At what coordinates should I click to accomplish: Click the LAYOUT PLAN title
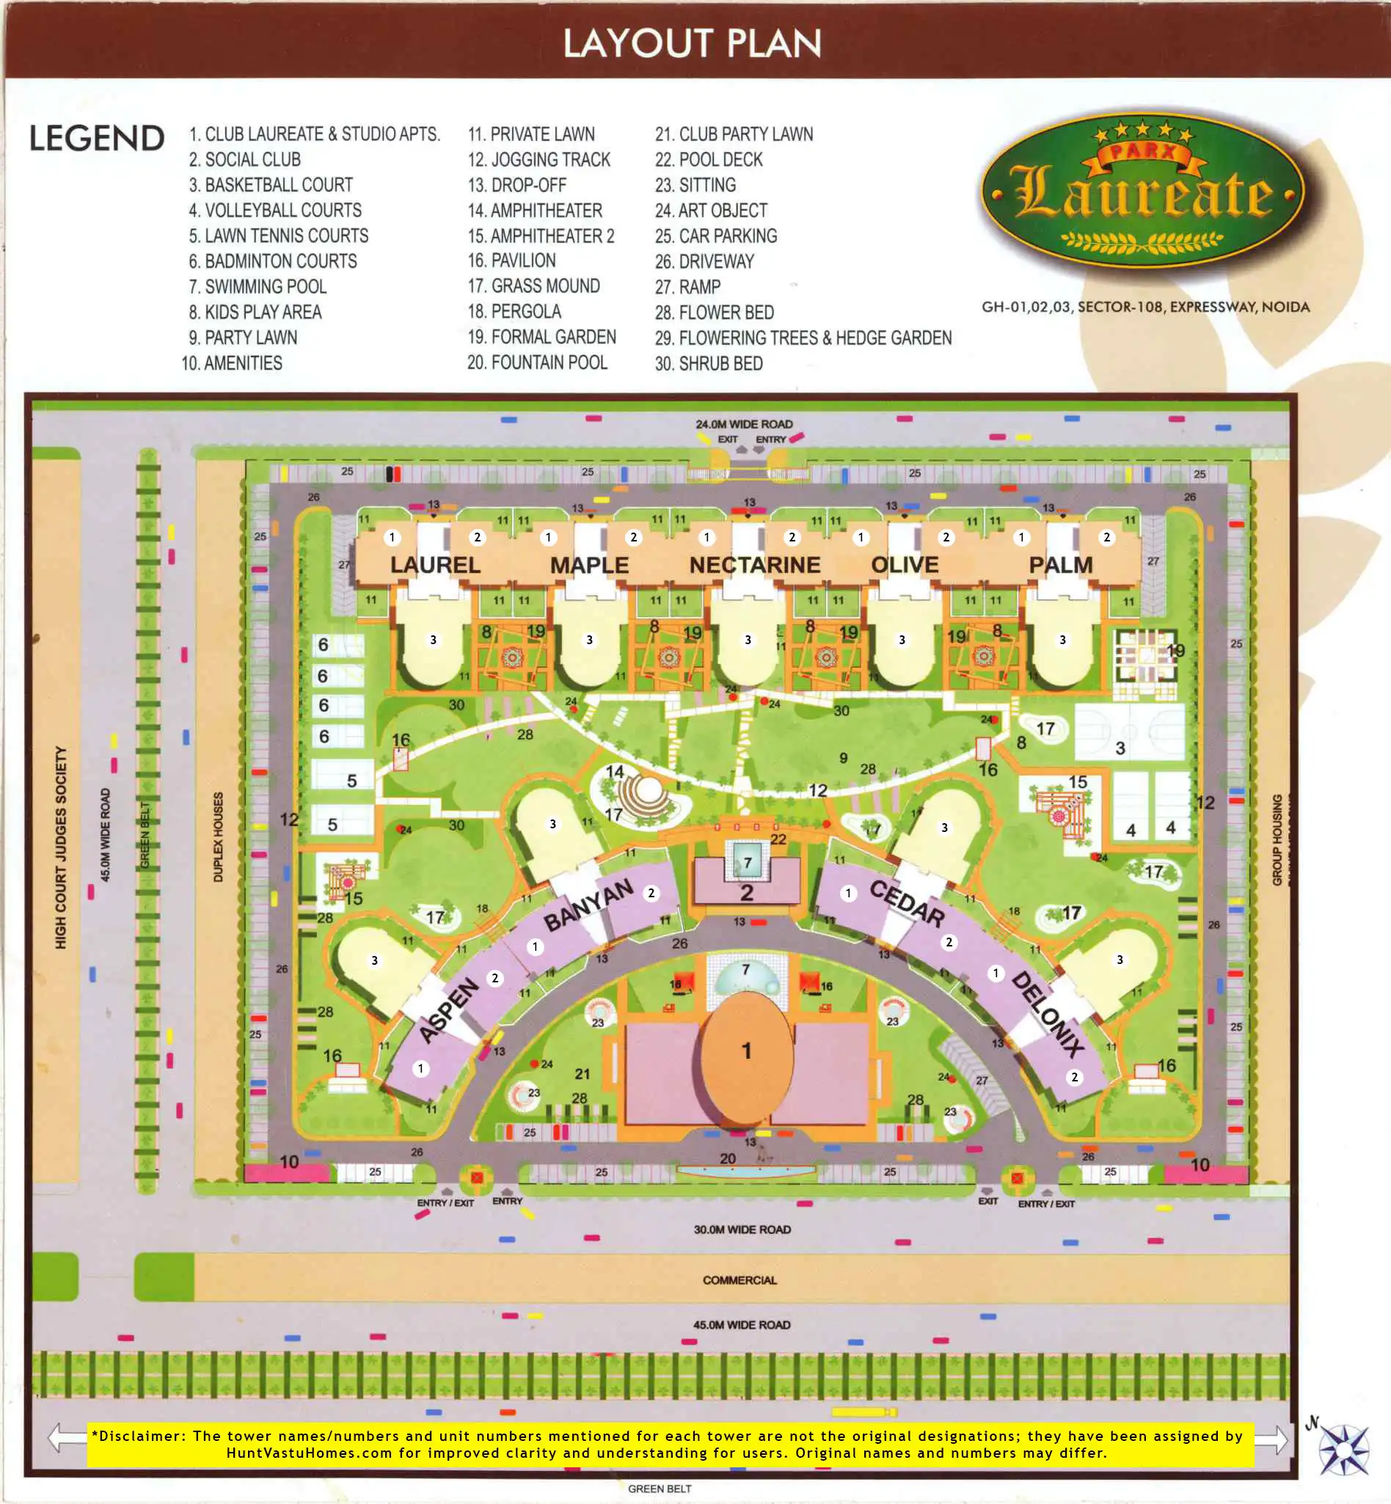point(692,44)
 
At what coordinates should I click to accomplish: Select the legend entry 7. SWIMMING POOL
point(258,287)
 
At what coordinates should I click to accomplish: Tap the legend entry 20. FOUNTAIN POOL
point(537,363)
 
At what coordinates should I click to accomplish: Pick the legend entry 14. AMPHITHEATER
point(534,211)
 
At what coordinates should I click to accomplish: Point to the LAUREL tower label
point(435,566)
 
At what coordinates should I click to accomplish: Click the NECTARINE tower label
point(754,566)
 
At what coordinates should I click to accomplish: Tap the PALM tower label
point(1061,566)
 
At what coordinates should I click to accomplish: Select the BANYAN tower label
point(588,905)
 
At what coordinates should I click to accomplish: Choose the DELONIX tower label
point(1048,1014)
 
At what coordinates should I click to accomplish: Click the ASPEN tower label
point(448,1010)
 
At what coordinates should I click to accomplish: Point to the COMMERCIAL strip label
point(740,1280)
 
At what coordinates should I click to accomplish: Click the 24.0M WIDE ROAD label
point(744,425)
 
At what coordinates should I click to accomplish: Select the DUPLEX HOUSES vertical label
point(219,836)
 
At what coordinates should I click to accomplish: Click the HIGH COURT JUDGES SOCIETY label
point(61,847)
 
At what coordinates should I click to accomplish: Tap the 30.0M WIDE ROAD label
point(742,1230)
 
